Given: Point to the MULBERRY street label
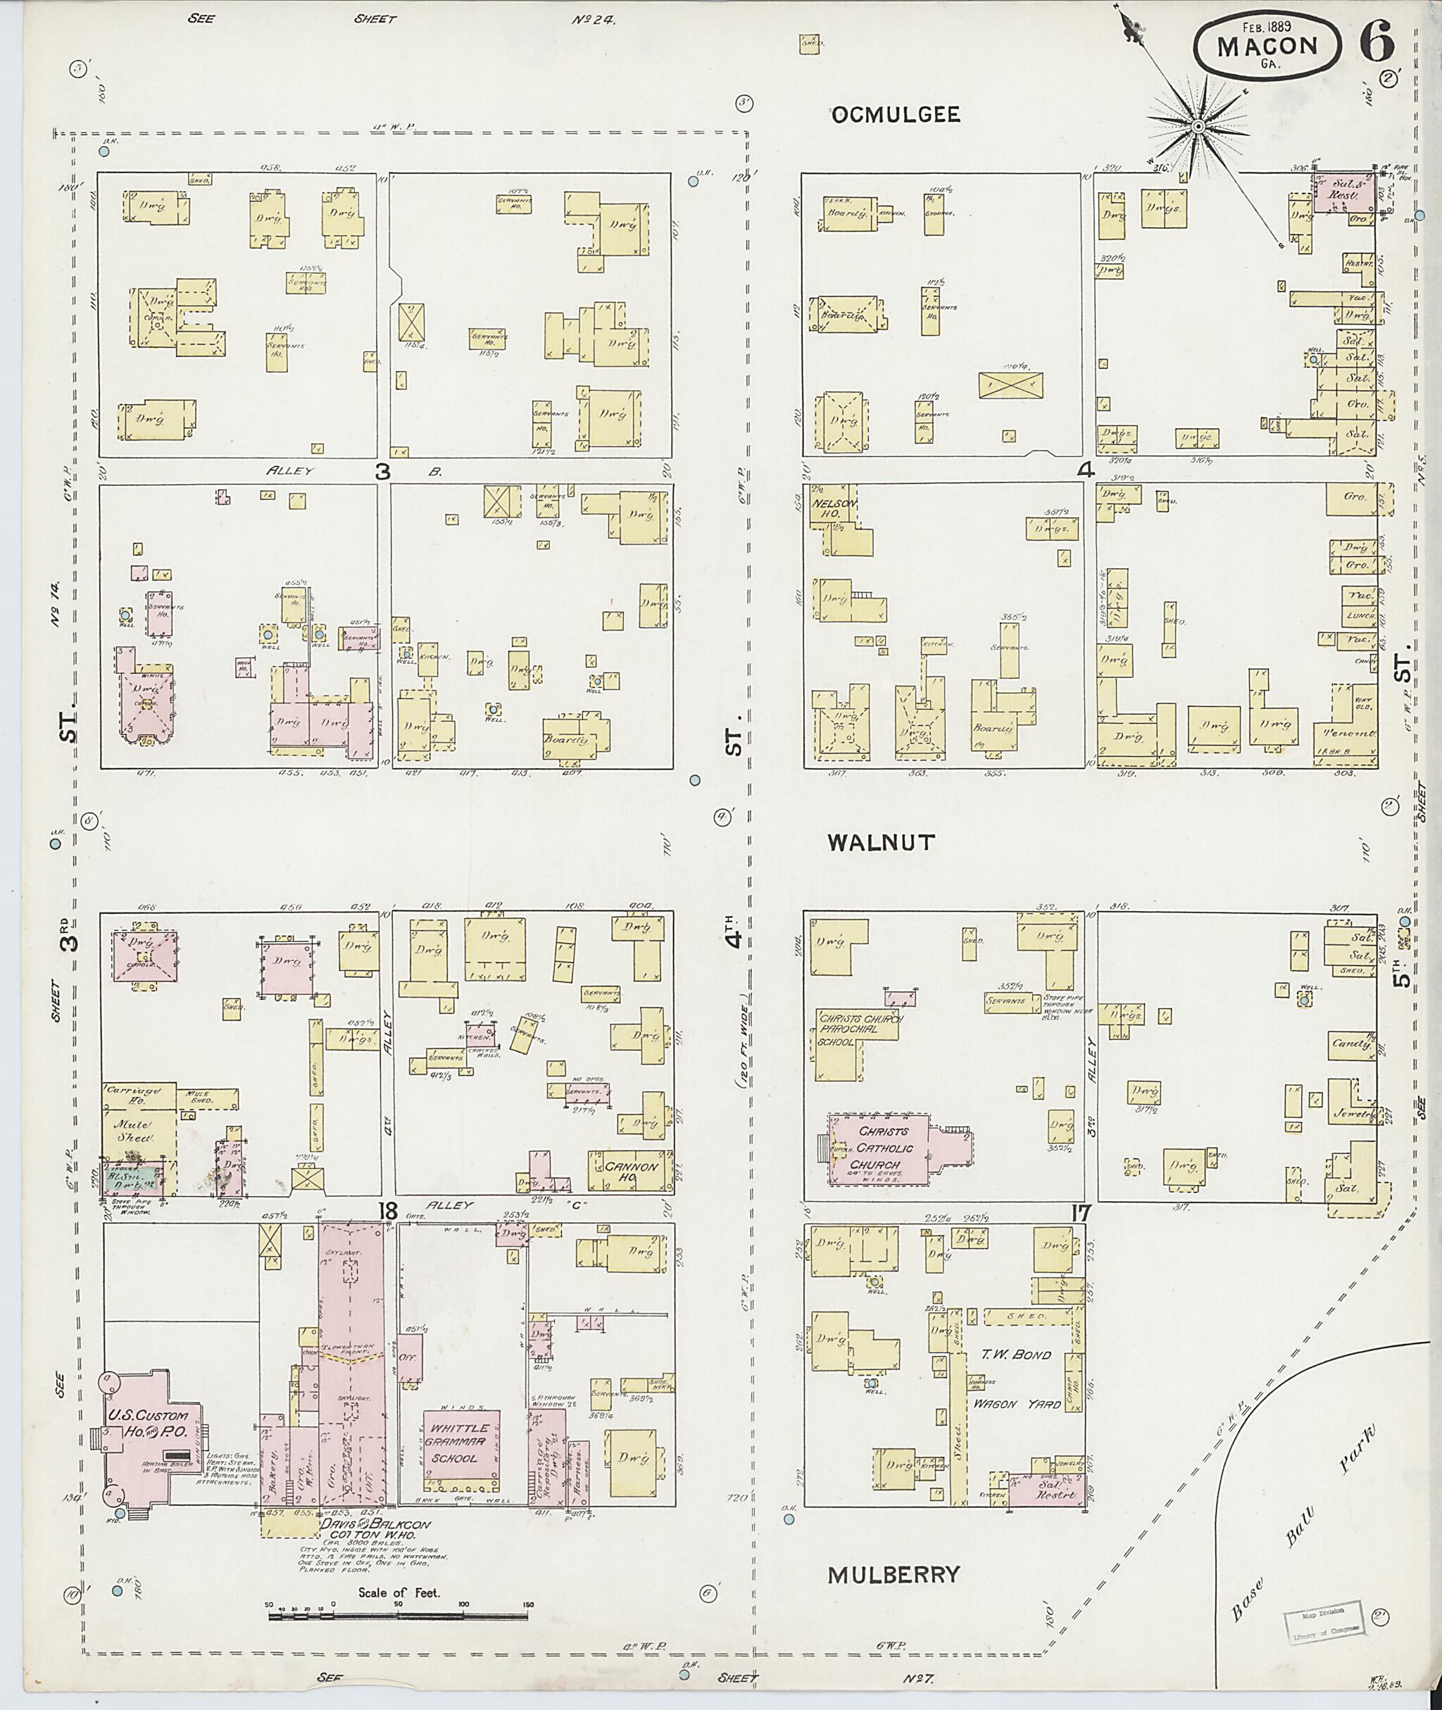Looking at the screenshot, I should click(893, 1575).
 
